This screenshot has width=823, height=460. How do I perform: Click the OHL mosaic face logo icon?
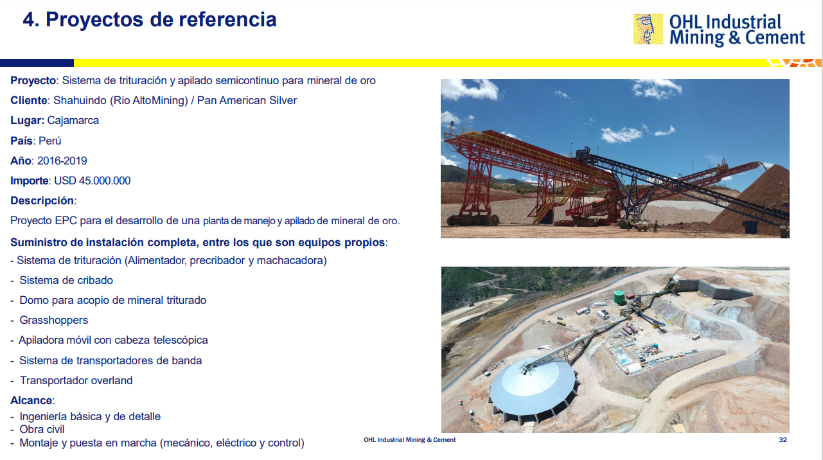[648, 29]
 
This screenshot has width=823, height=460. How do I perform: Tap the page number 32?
[783, 440]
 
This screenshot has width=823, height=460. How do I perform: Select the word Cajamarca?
[73, 121]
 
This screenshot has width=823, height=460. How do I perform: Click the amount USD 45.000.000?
[93, 181]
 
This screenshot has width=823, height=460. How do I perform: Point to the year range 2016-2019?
[62, 161]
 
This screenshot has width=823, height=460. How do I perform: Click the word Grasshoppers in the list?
[53, 321]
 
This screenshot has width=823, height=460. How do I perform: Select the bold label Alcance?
[31, 400]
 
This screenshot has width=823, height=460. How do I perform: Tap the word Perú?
[50, 141]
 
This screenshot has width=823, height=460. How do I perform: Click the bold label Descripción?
[42, 200]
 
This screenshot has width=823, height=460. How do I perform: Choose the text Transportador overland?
[76, 380]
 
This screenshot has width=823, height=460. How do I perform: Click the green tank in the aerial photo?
[619, 297]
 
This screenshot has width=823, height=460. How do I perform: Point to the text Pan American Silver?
[247, 101]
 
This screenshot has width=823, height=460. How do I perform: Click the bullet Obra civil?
[42, 430]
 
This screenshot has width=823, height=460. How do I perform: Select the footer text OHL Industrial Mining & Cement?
[410, 440]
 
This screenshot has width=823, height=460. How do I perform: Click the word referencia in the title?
[228, 20]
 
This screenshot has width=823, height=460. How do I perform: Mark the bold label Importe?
[29, 181]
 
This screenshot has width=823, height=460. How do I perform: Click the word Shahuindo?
[80, 101]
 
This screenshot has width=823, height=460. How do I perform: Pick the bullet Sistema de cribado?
[66, 281]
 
